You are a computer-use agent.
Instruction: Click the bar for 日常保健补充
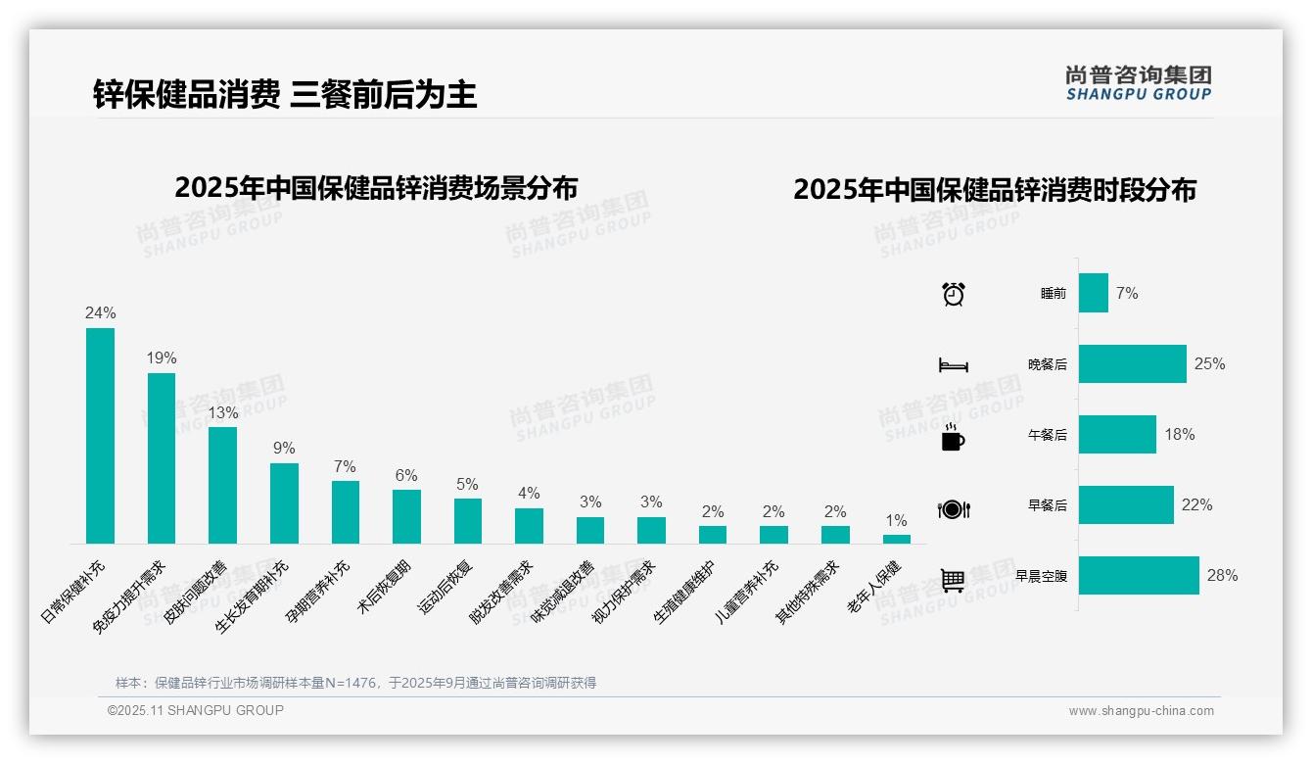tap(100, 436)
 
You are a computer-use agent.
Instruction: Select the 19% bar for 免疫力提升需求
tap(162, 457)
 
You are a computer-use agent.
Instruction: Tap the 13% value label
tap(222, 412)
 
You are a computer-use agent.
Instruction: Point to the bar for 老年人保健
tap(896, 539)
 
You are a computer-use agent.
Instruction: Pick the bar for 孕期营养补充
tap(346, 511)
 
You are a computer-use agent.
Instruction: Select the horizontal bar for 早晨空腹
tap(1139, 576)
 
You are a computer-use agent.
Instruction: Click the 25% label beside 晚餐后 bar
tap(1209, 363)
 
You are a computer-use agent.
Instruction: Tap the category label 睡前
tap(1054, 294)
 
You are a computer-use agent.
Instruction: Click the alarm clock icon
tap(953, 294)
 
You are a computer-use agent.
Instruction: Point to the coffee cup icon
tap(953, 438)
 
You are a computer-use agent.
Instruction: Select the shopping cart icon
tap(953, 580)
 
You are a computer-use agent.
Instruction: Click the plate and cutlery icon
tap(953, 509)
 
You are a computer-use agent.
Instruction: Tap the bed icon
tap(953, 365)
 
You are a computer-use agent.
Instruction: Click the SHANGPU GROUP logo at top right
tap(1138, 83)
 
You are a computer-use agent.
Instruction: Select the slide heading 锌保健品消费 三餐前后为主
tap(285, 94)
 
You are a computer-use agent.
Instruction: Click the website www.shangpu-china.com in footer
tap(1141, 711)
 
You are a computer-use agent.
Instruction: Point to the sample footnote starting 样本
tap(355, 683)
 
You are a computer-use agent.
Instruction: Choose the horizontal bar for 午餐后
tap(1117, 435)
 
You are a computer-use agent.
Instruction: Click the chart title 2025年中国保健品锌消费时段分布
tap(995, 189)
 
